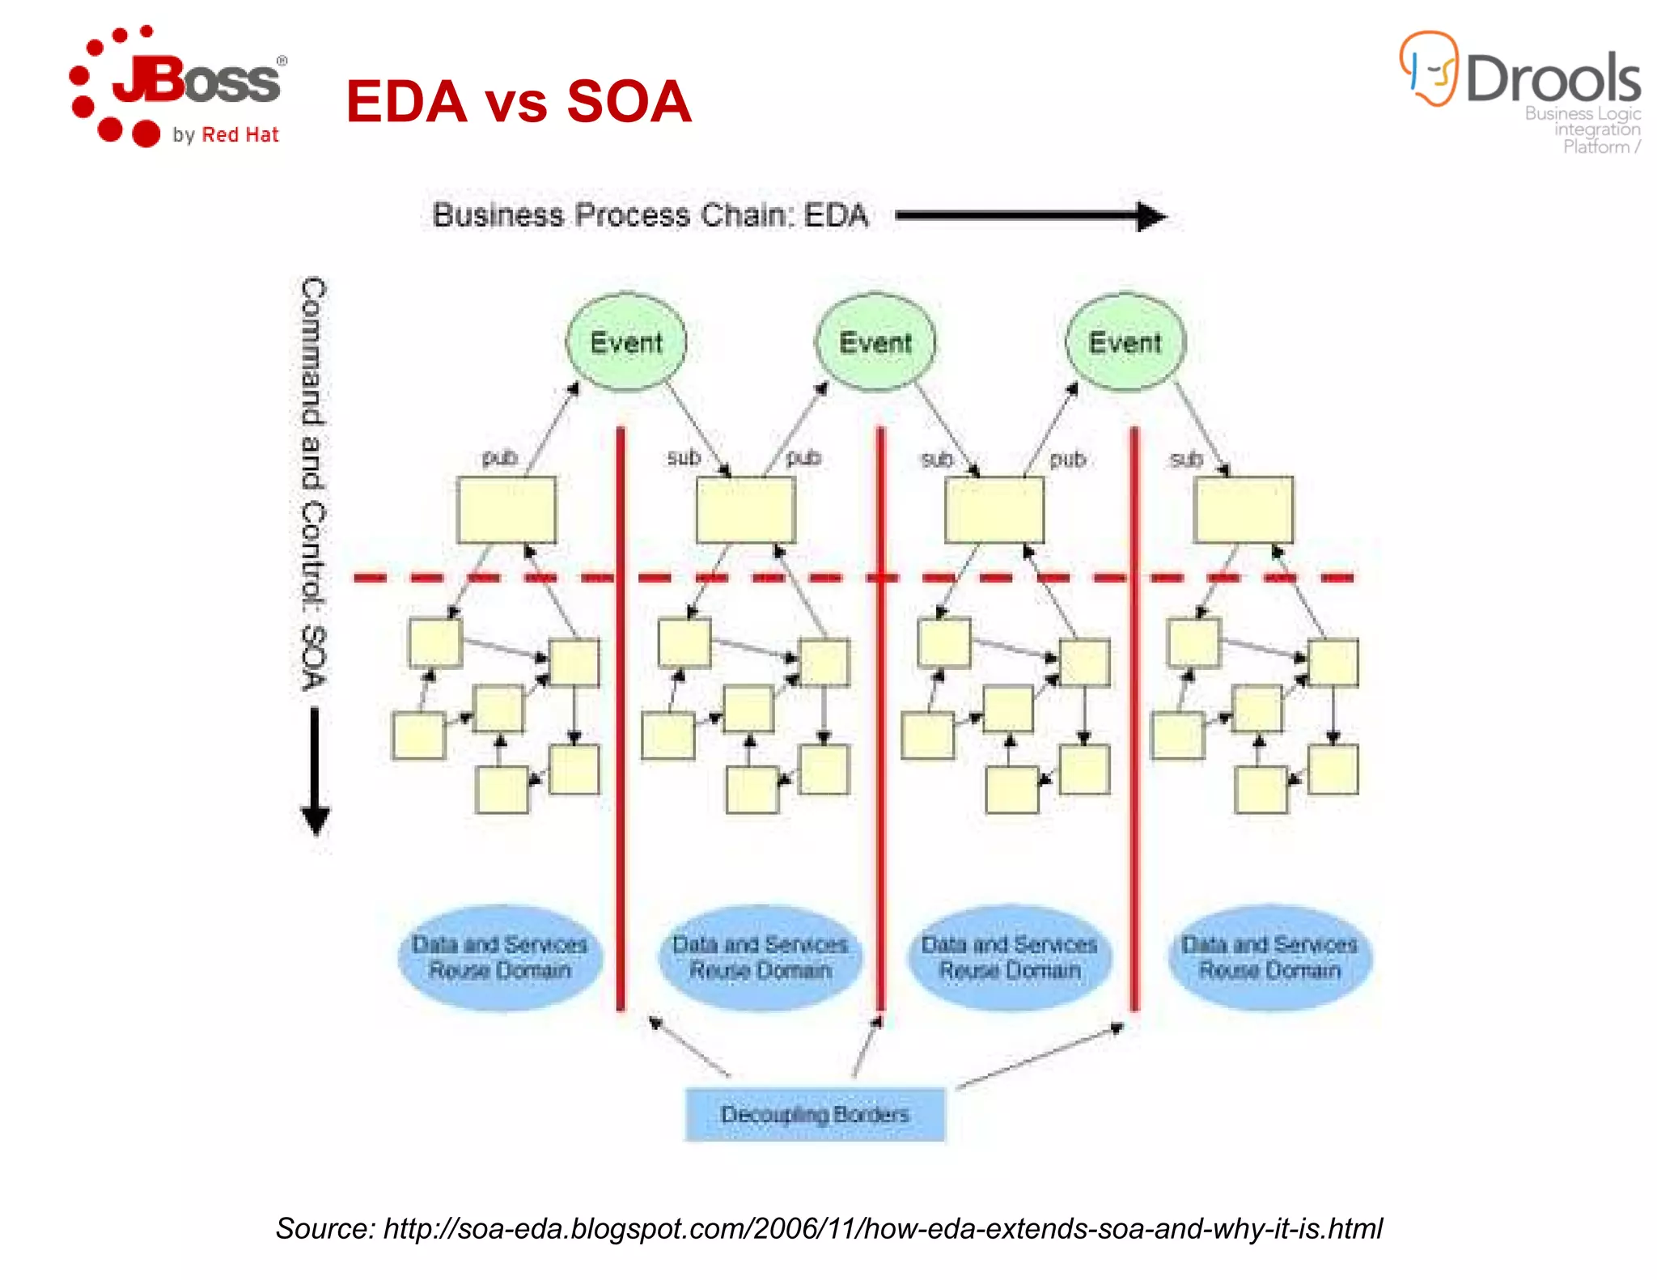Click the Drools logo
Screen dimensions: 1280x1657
(1521, 89)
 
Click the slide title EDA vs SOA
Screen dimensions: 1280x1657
(519, 102)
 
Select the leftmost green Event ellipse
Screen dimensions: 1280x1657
(626, 342)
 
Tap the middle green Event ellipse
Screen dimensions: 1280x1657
(875, 342)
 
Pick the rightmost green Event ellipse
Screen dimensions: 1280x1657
(1125, 342)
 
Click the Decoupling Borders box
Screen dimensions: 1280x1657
(815, 1114)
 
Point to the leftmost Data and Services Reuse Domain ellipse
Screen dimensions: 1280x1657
(500, 957)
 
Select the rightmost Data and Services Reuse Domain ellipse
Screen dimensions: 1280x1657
(1269, 957)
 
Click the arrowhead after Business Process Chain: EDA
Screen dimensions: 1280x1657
(1151, 216)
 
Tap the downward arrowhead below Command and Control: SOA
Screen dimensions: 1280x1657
(315, 819)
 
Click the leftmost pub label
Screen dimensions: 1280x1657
(499, 458)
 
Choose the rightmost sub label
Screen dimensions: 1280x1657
(1186, 460)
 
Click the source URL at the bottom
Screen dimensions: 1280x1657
(828, 1228)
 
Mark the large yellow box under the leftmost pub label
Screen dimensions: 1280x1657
(506, 510)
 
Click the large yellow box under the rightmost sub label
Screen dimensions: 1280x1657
(1244, 510)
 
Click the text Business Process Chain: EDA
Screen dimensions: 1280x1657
(650, 215)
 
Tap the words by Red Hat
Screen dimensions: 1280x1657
(226, 134)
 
